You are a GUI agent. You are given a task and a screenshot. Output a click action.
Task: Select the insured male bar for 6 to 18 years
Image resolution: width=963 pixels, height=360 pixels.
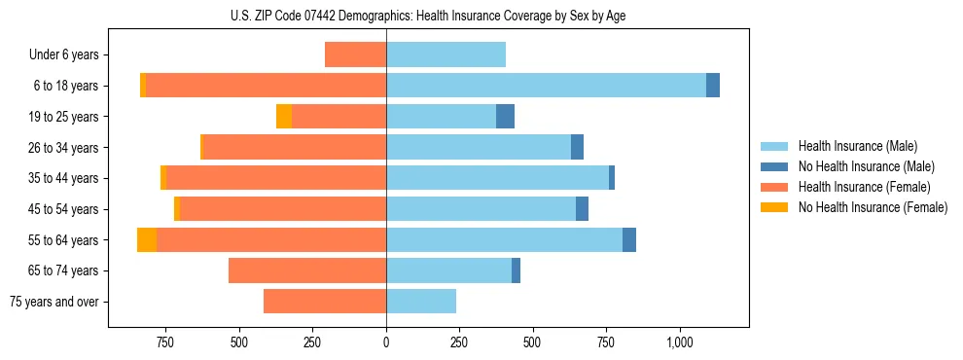(546, 86)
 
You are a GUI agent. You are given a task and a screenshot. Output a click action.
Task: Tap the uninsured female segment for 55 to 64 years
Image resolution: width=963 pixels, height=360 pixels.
(147, 240)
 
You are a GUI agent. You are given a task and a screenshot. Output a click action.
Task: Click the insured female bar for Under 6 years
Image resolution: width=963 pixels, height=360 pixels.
(355, 54)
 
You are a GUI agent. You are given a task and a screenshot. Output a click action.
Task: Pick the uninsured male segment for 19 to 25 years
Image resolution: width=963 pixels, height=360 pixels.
(505, 117)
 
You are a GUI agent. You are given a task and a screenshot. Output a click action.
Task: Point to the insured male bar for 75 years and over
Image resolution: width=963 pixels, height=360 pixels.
(421, 302)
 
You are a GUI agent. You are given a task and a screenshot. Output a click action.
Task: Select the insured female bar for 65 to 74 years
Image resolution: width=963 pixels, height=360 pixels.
(307, 270)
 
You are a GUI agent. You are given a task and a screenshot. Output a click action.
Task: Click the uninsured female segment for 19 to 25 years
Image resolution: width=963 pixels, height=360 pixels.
(284, 117)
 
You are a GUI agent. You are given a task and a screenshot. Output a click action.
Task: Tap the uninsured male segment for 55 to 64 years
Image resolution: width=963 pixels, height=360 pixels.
(629, 240)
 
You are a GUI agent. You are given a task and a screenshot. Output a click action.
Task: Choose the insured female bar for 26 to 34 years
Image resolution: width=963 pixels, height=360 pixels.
(294, 147)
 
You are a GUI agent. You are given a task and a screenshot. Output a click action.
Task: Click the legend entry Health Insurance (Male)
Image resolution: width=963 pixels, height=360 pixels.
(857, 146)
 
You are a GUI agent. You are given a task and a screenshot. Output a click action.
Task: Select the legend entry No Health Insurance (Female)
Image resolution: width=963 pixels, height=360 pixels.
(873, 207)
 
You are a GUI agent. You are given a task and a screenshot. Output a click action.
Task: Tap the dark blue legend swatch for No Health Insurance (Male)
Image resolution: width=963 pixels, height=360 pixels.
(775, 166)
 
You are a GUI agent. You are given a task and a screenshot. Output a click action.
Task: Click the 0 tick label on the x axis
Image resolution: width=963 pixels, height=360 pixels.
(386, 342)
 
